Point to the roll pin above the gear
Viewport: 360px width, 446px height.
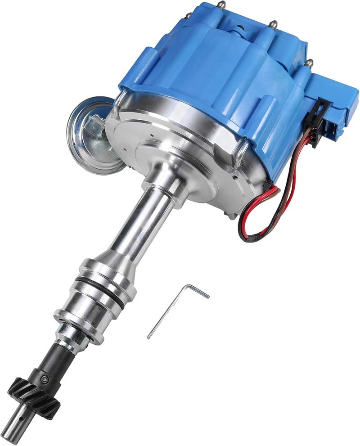coord(44,379)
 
